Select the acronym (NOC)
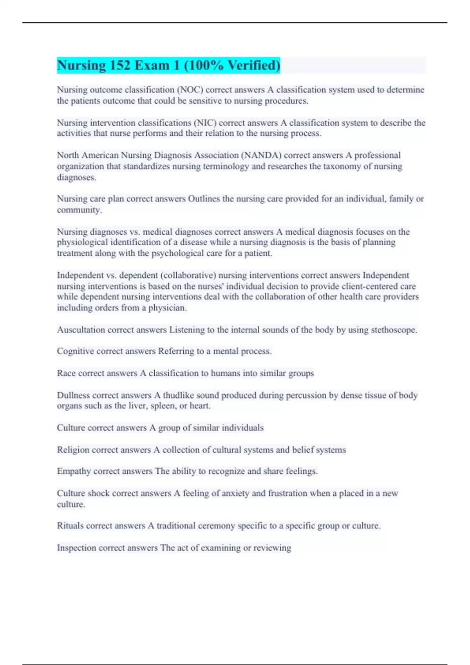190,90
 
